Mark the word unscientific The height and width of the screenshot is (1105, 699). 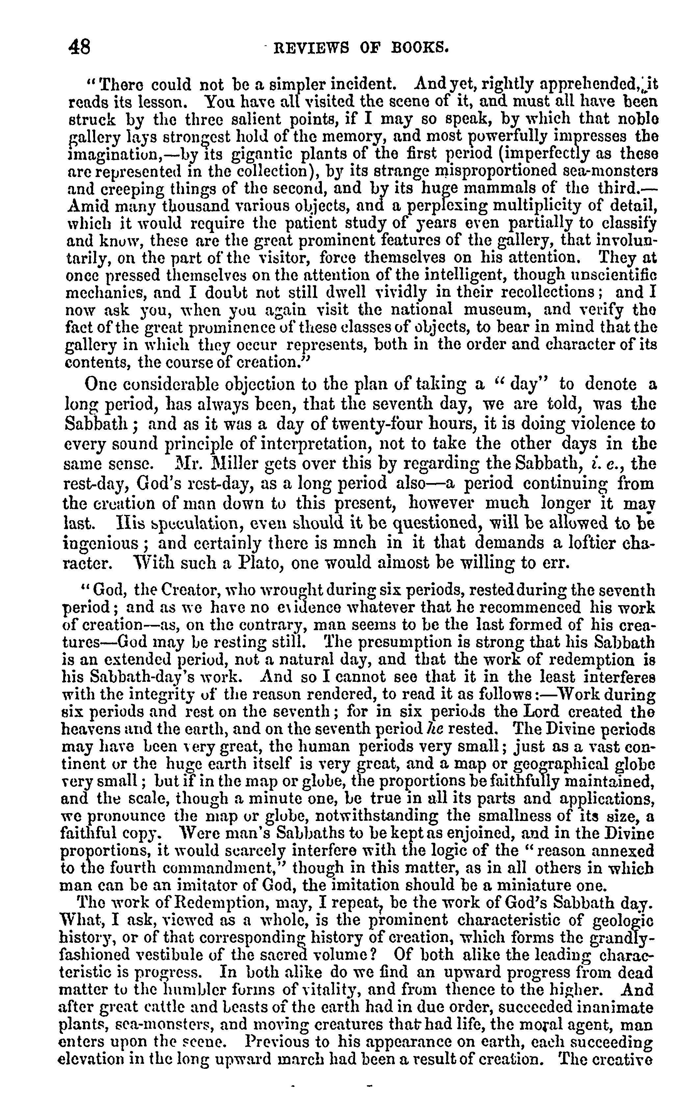point(613,274)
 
